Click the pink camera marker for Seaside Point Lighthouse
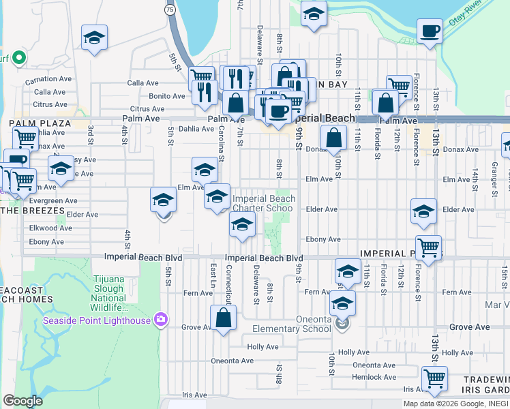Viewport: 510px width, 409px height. point(161,319)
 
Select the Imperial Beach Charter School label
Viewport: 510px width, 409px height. point(264,204)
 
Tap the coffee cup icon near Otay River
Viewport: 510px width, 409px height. point(430,31)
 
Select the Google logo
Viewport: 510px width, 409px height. point(22,400)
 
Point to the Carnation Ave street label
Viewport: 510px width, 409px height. point(48,79)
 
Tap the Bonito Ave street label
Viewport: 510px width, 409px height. point(167,96)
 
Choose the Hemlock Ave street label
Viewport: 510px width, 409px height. point(374,377)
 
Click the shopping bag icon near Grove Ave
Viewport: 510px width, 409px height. point(223,318)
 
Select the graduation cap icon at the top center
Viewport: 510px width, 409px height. point(314,14)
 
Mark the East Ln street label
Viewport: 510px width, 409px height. point(213,274)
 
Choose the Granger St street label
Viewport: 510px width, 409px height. point(495,177)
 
